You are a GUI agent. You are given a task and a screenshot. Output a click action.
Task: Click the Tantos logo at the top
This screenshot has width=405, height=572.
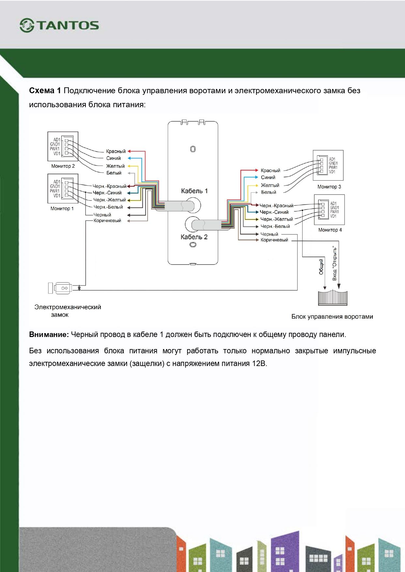pyautogui.click(x=59, y=25)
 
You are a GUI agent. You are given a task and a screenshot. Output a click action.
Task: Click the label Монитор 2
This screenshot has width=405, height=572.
pyautogui.click(x=63, y=166)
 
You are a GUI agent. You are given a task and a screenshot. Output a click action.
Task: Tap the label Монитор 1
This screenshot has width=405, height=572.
pyautogui.click(x=62, y=209)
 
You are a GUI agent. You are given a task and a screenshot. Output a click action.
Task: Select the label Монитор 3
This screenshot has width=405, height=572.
pyautogui.click(x=329, y=187)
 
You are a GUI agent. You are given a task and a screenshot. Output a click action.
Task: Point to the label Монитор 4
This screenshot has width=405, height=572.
pyautogui.click(x=330, y=230)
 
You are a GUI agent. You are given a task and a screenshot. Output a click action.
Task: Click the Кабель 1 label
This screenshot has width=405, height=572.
pyautogui.click(x=194, y=191)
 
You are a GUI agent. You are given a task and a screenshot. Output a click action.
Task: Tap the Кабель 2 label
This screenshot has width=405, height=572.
pyautogui.click(x=194, y=237)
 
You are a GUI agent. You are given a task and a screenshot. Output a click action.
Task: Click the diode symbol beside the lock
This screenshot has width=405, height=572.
pyautogui.click(x=79, y=288)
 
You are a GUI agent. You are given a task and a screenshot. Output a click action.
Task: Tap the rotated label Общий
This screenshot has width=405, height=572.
pyautogui.click(x=321, y=267)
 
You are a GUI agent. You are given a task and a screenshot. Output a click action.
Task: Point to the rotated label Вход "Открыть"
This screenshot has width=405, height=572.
pyautogui.click(x=335, y=263)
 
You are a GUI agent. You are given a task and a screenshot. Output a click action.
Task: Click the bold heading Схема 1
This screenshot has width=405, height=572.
pyautogui.click(x=45, y=91)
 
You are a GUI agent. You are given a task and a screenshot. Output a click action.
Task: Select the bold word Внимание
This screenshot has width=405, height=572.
pyautogui.click(x=49, y=334)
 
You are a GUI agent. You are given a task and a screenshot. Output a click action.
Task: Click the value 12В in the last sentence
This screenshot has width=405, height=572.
pyautogui.click(x=259, y=363)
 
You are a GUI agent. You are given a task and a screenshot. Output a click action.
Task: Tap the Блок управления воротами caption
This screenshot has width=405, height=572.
pyautogui.click(x=332, y=316)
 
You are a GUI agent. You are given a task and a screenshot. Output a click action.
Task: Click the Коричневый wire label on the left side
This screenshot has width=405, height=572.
pyautogui.click(x=107, y=221)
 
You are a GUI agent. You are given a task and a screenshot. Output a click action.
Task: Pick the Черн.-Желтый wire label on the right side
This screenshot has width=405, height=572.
pyautogui.click(x=276, y=219)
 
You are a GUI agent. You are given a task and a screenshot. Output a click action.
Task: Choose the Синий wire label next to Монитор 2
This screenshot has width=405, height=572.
pyautogui.click(x=113, y=158)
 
